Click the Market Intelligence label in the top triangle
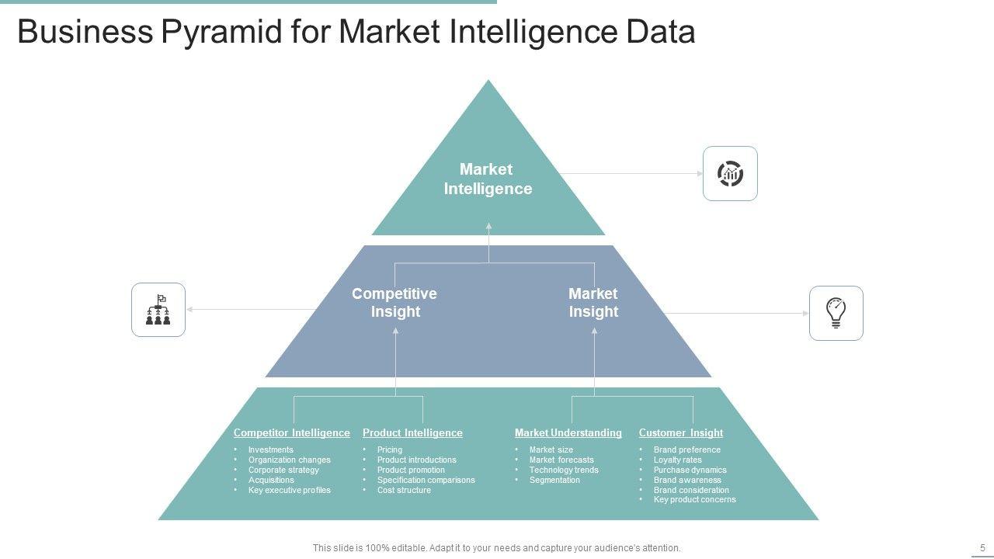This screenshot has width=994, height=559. (488, 179)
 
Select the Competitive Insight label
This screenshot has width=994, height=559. (394, 303)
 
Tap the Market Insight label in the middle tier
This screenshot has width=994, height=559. (593, 303)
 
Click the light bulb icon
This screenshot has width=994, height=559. (836, 313)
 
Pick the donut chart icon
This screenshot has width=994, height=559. (730, 174)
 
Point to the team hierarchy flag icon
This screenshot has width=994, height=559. (158, 310)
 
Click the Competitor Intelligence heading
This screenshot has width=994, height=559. (291, 433)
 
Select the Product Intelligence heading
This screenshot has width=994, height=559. (412, 433)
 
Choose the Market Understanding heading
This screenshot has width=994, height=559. (568, 433)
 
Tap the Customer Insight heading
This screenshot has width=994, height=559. (680, 433)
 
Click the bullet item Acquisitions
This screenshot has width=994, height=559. (271, 480)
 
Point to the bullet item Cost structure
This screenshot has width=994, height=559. (404, 490)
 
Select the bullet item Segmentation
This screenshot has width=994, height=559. (554, 480)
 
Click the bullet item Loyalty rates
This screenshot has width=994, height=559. (677, 460)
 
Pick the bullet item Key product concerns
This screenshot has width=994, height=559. (694, 500)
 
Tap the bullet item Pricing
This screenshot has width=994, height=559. (390, 450)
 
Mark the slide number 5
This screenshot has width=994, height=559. (982, 547)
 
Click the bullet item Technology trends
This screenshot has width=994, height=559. (564, 470)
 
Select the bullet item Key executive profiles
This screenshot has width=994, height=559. (289, 490)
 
